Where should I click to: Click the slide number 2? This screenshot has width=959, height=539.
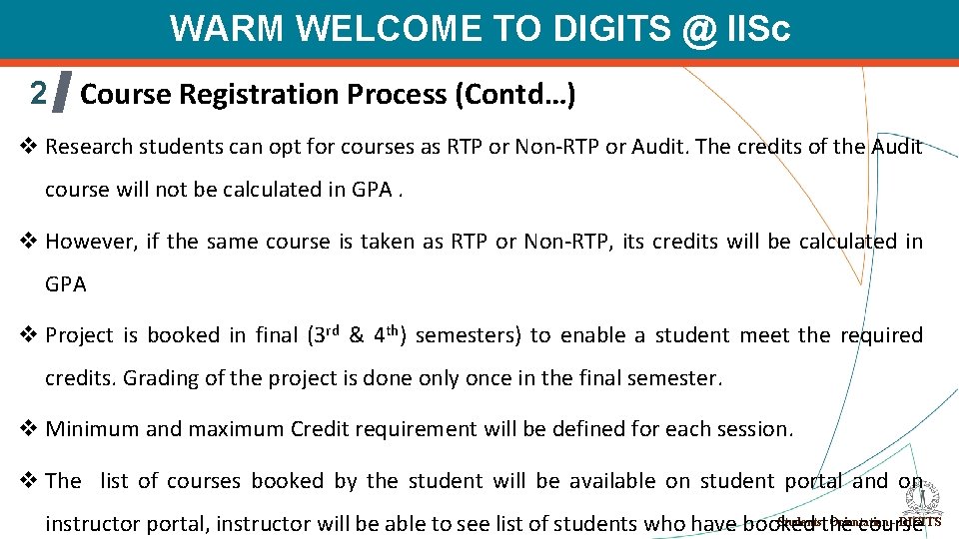click(x=38, y=93)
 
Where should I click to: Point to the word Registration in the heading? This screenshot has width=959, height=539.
click(x=260, y=95)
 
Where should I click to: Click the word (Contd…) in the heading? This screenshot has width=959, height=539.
click(x=514, y=95)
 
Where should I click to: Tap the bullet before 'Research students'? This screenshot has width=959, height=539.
click(x=29, y=147)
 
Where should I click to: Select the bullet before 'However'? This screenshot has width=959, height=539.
click(x=29, y=242)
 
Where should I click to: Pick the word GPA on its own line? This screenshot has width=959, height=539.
click(x=66, y=284)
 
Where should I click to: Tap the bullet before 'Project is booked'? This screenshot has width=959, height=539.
click(x=29, y=335)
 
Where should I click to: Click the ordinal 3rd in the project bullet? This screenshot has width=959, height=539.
click(x=327, y=333)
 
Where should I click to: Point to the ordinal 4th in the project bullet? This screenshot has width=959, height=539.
click(x=386, y=333)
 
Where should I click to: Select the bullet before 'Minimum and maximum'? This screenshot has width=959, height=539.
click(x=29, y=429)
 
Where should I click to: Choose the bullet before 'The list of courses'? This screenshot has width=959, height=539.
click(x=29, y=481)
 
